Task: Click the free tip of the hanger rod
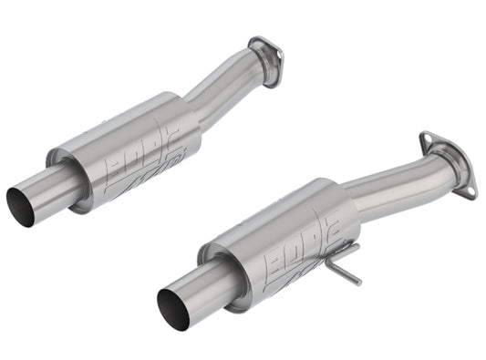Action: pyautogui.click(x=358, y=283)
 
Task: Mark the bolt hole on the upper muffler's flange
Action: pyautogui.click(x=255, y=41)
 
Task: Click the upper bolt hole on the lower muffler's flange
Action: pyautogui.click(x=427, y=139)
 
